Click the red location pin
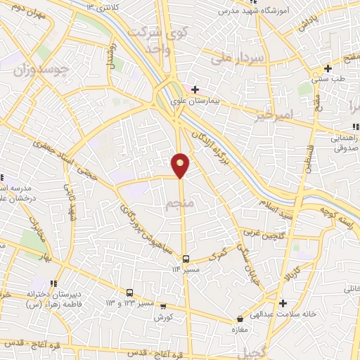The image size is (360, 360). click(x=181, y=165)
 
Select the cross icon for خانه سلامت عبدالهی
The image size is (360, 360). click(x=283, y=304)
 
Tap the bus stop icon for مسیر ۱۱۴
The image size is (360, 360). click(x=186, y=259)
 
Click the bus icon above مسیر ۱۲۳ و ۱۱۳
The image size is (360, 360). click(x=129, y=292)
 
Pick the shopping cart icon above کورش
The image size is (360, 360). click(x=163, y=307)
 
